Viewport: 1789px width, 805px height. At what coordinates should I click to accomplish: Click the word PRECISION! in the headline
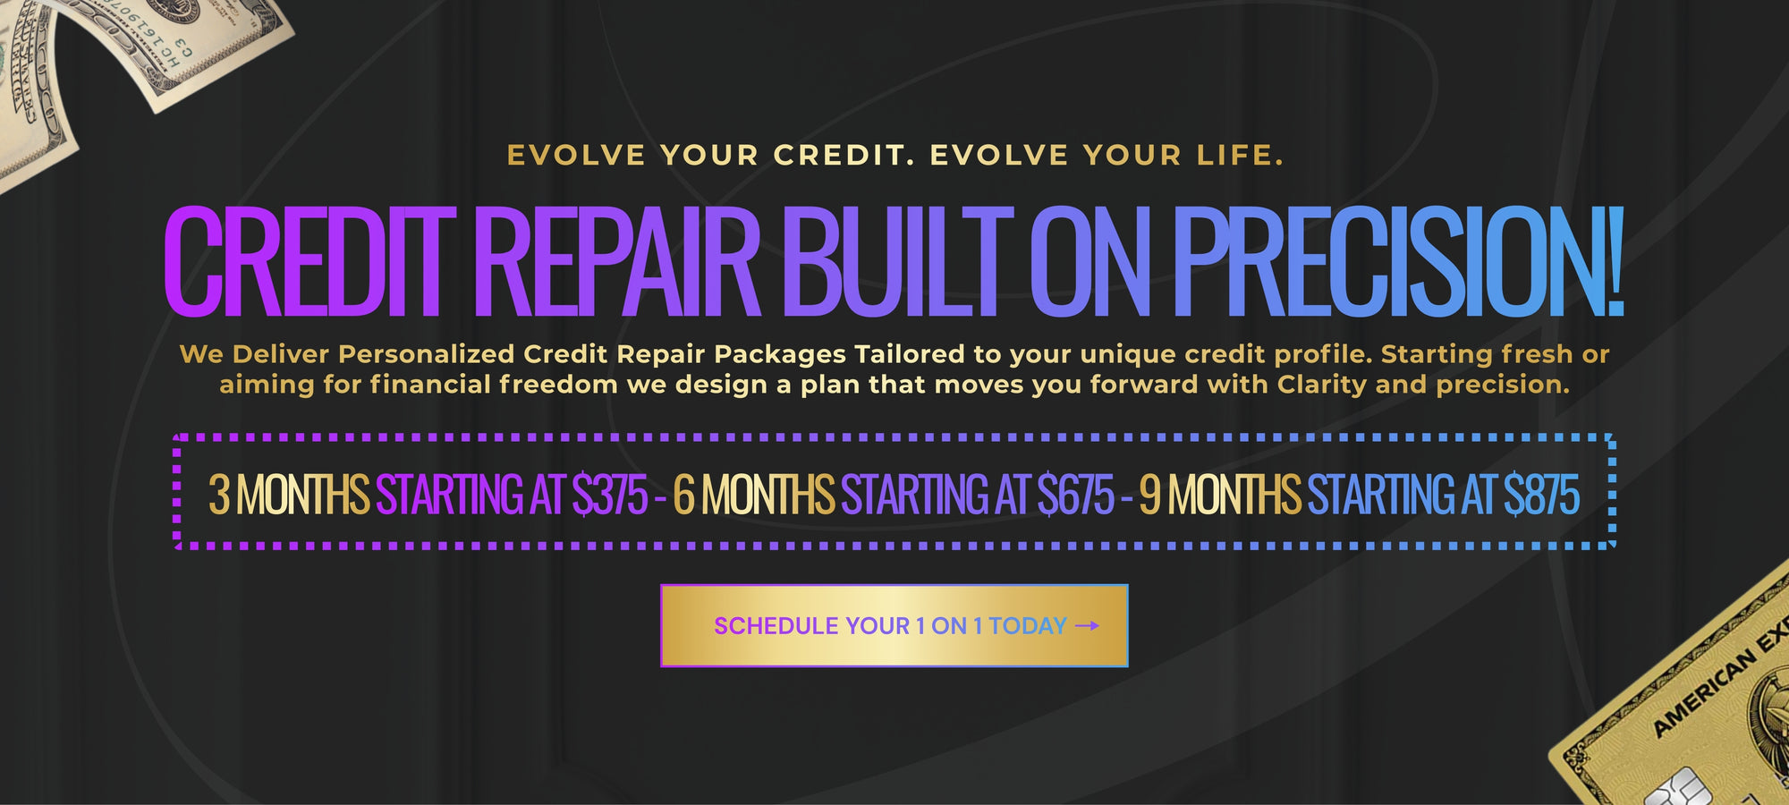click(x=1398, y=261)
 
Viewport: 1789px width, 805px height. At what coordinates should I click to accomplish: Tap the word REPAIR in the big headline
click(x=623, y=261)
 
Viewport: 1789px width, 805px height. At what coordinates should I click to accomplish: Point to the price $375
click(x=610, y=495)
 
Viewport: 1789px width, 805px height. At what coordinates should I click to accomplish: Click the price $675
click(x=1076, y=495)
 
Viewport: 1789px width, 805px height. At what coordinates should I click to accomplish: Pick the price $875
click(x=1542, y=495)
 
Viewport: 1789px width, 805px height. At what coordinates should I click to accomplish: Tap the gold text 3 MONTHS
click(x=289, y=495)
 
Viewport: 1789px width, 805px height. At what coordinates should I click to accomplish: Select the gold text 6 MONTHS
click(x=754, y=495)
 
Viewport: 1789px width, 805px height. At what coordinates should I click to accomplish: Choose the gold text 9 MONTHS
click(x=1220, y=495)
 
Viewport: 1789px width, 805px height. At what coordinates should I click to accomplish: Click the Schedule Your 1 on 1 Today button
click(x=894, y=625)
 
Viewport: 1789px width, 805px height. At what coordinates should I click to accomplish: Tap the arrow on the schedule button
click(x=1087, y=626)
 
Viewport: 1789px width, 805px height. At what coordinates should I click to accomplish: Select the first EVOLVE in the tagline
click(x=576, y=156)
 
